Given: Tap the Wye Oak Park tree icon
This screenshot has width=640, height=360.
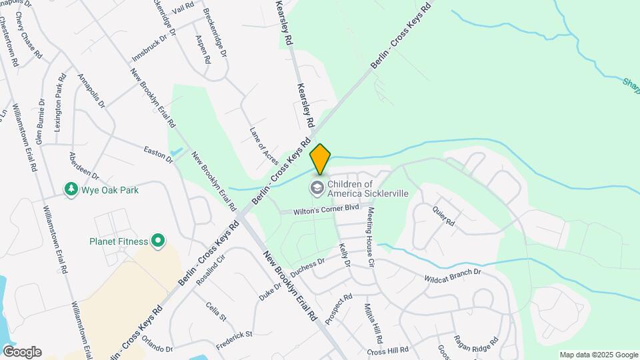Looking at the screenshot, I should (71, 190).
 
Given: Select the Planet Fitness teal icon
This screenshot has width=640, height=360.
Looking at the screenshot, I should (158, 240).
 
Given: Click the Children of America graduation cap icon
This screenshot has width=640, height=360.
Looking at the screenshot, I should (317, 189).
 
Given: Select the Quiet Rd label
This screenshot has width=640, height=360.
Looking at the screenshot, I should (443, 213).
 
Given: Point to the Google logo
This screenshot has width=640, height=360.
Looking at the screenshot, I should (22, 352).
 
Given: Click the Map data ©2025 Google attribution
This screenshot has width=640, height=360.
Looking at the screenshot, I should (598, 355).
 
